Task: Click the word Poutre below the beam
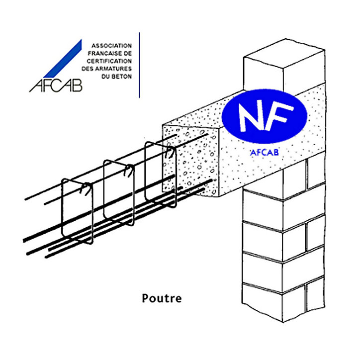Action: (162, 298)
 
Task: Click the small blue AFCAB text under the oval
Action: (264, 153)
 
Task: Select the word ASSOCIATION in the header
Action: (111, 45)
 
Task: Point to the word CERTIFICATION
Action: (109, 61)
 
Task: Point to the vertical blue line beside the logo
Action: (139, 65)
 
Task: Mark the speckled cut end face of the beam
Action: (190, 161)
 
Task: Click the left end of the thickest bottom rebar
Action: (24, 240)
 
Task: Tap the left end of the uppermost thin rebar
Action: (25, 199)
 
